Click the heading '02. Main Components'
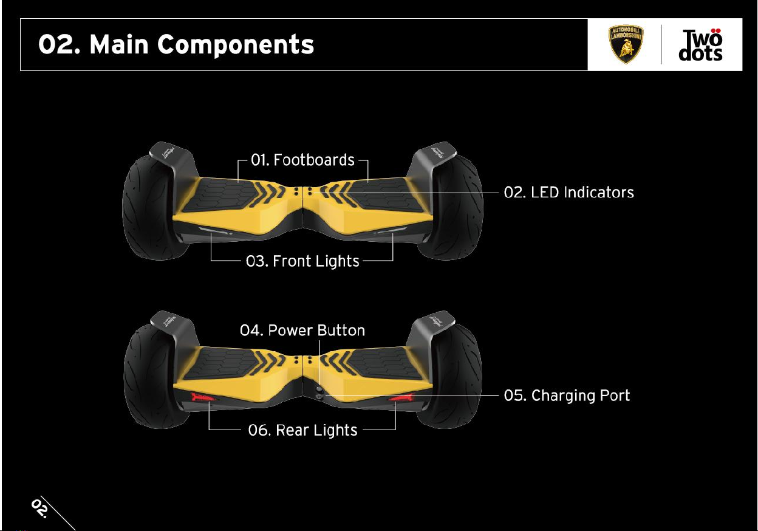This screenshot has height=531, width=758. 176,44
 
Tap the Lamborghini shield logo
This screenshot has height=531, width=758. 626,44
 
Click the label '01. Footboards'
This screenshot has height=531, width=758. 303,160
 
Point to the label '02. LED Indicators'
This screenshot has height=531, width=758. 568,193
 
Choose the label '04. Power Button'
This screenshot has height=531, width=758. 302,331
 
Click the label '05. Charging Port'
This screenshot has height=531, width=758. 567,396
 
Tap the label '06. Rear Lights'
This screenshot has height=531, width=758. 302,430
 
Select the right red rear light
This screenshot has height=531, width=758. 401,399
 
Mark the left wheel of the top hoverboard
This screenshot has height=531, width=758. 146,207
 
